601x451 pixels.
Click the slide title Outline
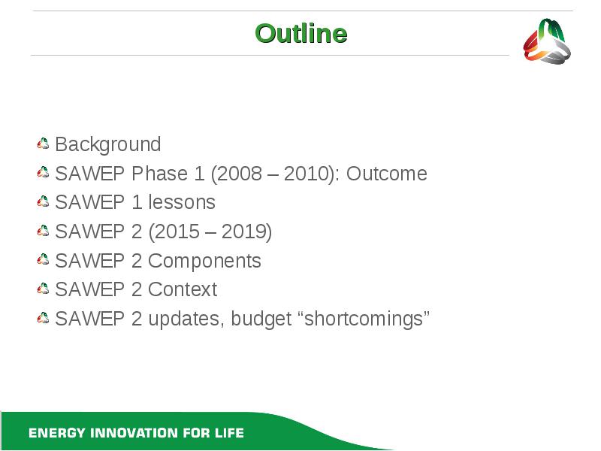pos(301,33)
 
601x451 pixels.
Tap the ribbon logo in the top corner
pos(547,41)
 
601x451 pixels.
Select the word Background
pos(108,145)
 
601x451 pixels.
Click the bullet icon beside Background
pos(43,144)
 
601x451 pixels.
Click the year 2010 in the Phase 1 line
pos(306,174)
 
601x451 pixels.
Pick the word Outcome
pos(387,174)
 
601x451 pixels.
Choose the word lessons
pos(182,202)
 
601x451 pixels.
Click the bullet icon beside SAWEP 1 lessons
pos(43,201)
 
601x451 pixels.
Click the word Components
pos(204,262)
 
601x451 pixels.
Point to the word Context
pos(183,289)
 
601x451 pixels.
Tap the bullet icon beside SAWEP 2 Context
pos(43,289)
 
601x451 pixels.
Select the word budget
pos(261,319)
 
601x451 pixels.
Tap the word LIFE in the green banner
pos(229,433)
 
